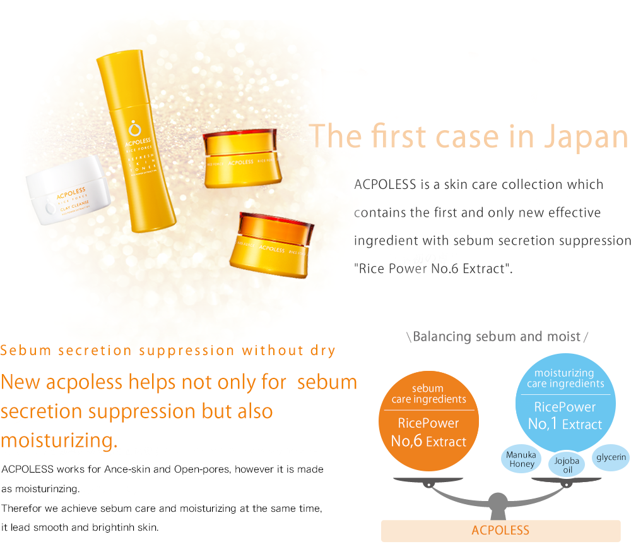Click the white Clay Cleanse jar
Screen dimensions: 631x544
(x=68, y=191)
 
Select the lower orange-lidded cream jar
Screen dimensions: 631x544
(x=271, y=245)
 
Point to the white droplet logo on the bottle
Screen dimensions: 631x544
(x=134, y=128)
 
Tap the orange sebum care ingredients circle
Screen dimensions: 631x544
(x=428, y=421)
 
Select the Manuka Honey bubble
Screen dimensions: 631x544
(x=521, y=459)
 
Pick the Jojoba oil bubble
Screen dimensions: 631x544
(x=567, y=464)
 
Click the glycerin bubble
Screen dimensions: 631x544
(x=611, y=457)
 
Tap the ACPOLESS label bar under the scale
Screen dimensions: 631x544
(x=500, y=531)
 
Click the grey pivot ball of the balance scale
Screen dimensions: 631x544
(x=498, y=501)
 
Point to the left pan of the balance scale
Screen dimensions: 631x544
(x=428, y=480)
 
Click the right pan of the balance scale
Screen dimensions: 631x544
(x=567, y=480)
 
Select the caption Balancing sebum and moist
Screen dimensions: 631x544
(x=497, y=337)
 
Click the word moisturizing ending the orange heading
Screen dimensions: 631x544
(x=59, y=440)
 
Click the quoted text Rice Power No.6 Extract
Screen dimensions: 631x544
(x=433, y=269)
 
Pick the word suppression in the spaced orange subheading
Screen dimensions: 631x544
(x=187, y=351)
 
